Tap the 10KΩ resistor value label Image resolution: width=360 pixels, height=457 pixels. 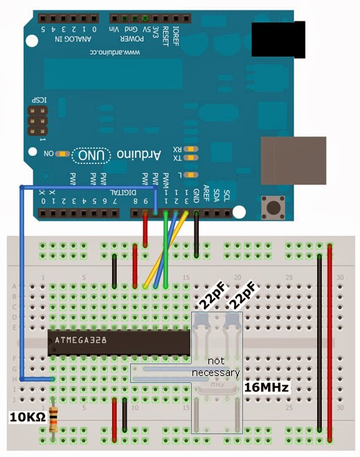pos(26,417)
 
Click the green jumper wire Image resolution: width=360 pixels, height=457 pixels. pos(165,249)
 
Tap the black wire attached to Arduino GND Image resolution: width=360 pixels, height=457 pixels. pos(197,235)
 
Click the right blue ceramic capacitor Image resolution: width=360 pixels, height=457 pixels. pos(230,321)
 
